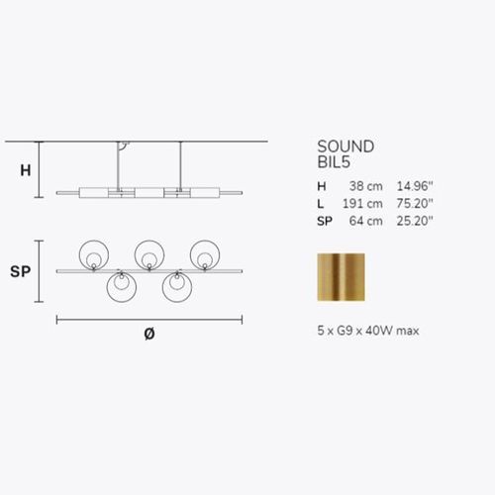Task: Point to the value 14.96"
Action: click(x=415, y=187)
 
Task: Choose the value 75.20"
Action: click(x=415, y=205)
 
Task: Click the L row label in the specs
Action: click(x=320, y=205)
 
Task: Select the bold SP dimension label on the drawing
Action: click(x=21, y=271)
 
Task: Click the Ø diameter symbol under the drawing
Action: click(x=148, y=334)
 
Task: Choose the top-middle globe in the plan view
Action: click(x=149, y=253)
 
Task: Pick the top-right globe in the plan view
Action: click(x=206, y=253)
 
